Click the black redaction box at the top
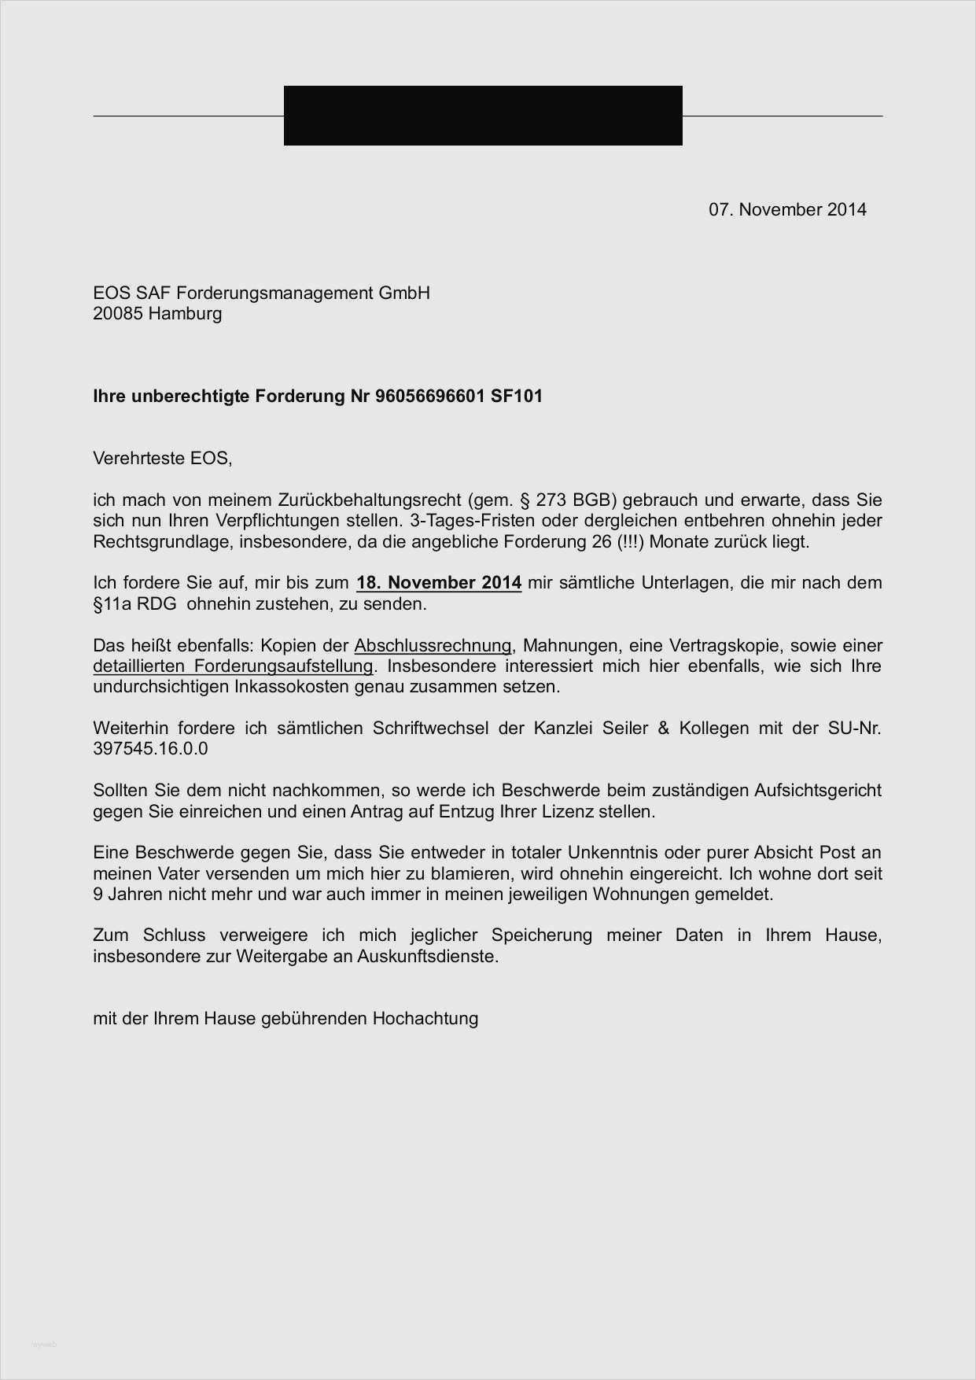point(483,116)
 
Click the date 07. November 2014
point(787,209)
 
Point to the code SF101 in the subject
point(517,396)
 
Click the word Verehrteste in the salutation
point(138,458)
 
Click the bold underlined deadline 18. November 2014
point(439,583)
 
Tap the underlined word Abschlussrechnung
point(433,646)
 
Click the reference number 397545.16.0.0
point(150,748)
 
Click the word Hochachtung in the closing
point(425,1019)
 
